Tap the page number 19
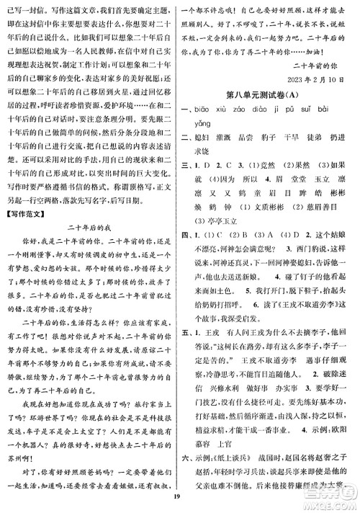(179, 504)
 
